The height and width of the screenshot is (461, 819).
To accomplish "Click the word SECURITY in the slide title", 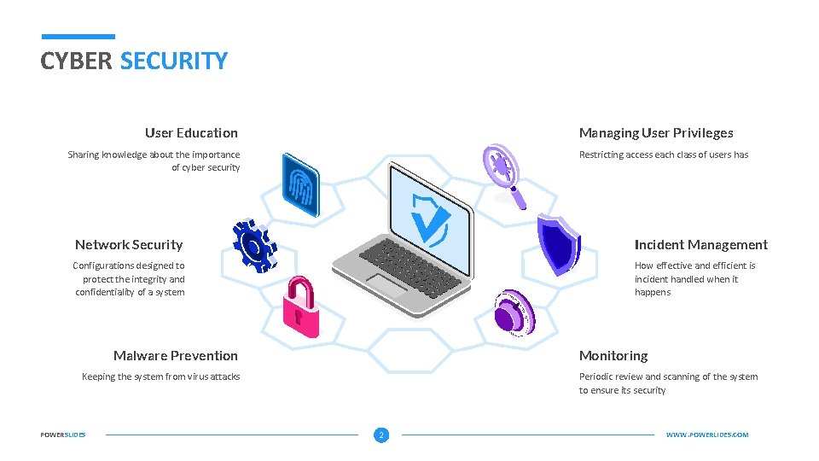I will (174, 61).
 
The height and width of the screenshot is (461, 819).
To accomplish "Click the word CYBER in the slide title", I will (77, 61).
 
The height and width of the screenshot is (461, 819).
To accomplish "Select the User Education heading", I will (191, 133).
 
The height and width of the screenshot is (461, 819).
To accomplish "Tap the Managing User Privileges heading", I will (656, 133).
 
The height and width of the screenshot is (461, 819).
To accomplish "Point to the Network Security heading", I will (129, 245).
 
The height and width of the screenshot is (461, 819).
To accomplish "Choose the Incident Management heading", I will (700, 245).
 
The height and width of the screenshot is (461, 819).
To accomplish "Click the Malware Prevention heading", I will (176, 356).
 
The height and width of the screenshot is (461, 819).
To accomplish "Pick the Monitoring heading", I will (613, 356).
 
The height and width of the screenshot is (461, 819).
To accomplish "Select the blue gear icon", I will (253, 245).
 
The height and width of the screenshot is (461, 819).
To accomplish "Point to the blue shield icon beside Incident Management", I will (558, 244).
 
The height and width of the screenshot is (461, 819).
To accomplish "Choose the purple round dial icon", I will (514, 310).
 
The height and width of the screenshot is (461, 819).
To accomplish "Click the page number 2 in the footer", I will (381, 435).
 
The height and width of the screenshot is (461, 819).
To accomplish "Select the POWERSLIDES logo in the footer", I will (63, 435).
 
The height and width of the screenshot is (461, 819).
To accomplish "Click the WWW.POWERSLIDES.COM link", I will (706, 435).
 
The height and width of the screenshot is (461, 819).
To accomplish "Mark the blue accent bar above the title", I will (78, 37).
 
